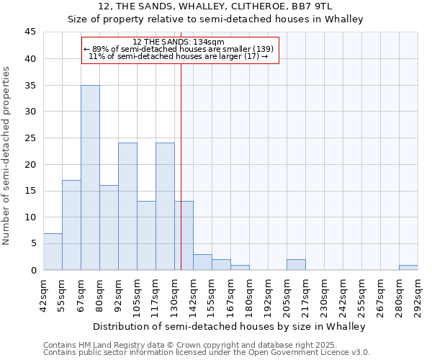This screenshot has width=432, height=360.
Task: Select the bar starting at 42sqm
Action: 53,251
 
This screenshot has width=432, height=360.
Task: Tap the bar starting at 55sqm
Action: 71,225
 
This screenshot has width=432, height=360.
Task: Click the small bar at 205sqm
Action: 296,264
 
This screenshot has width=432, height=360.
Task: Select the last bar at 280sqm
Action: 408,267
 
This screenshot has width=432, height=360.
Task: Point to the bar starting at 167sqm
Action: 240,267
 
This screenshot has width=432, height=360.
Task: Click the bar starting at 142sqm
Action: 202,262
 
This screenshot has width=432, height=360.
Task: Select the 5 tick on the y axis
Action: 33,243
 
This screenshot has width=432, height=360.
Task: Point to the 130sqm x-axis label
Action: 175,294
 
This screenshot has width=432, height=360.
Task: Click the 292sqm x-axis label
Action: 418,294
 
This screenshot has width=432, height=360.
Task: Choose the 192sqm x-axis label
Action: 269,294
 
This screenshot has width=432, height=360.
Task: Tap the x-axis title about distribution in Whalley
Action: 231,326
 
